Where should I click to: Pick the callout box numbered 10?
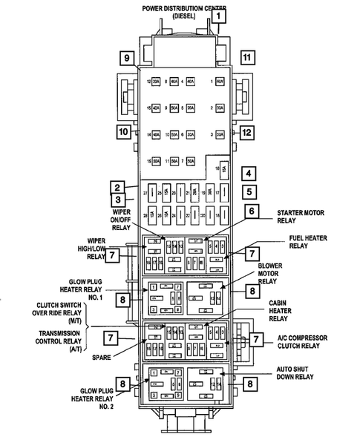click(122, 132)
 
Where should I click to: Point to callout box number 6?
click(252, 211)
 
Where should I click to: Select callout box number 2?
click(117, 187)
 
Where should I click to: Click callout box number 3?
click(117, 199)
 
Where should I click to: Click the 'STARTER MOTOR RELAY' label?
click(302, 215)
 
